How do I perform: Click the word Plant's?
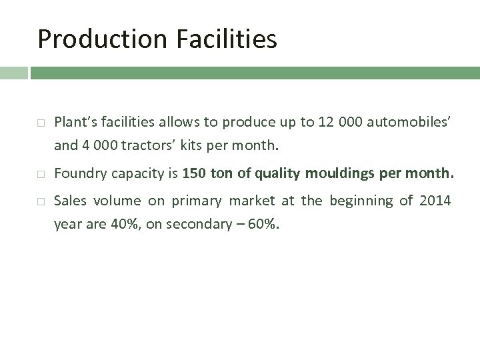tap(75, 122)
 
